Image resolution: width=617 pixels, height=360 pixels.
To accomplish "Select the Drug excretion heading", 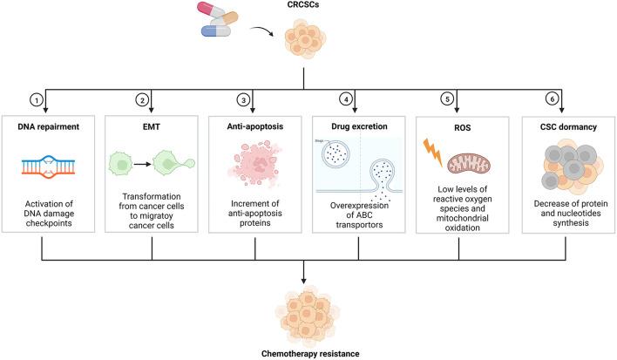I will tap(358, 126).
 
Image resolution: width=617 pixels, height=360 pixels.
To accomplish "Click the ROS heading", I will tap(458, 126).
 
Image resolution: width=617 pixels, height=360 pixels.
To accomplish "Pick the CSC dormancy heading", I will tap(564, 126).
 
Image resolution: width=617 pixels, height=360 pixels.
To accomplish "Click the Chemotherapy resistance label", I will tap(307, 352).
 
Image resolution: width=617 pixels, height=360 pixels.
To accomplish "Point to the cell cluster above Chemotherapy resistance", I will tap(307, 315).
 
